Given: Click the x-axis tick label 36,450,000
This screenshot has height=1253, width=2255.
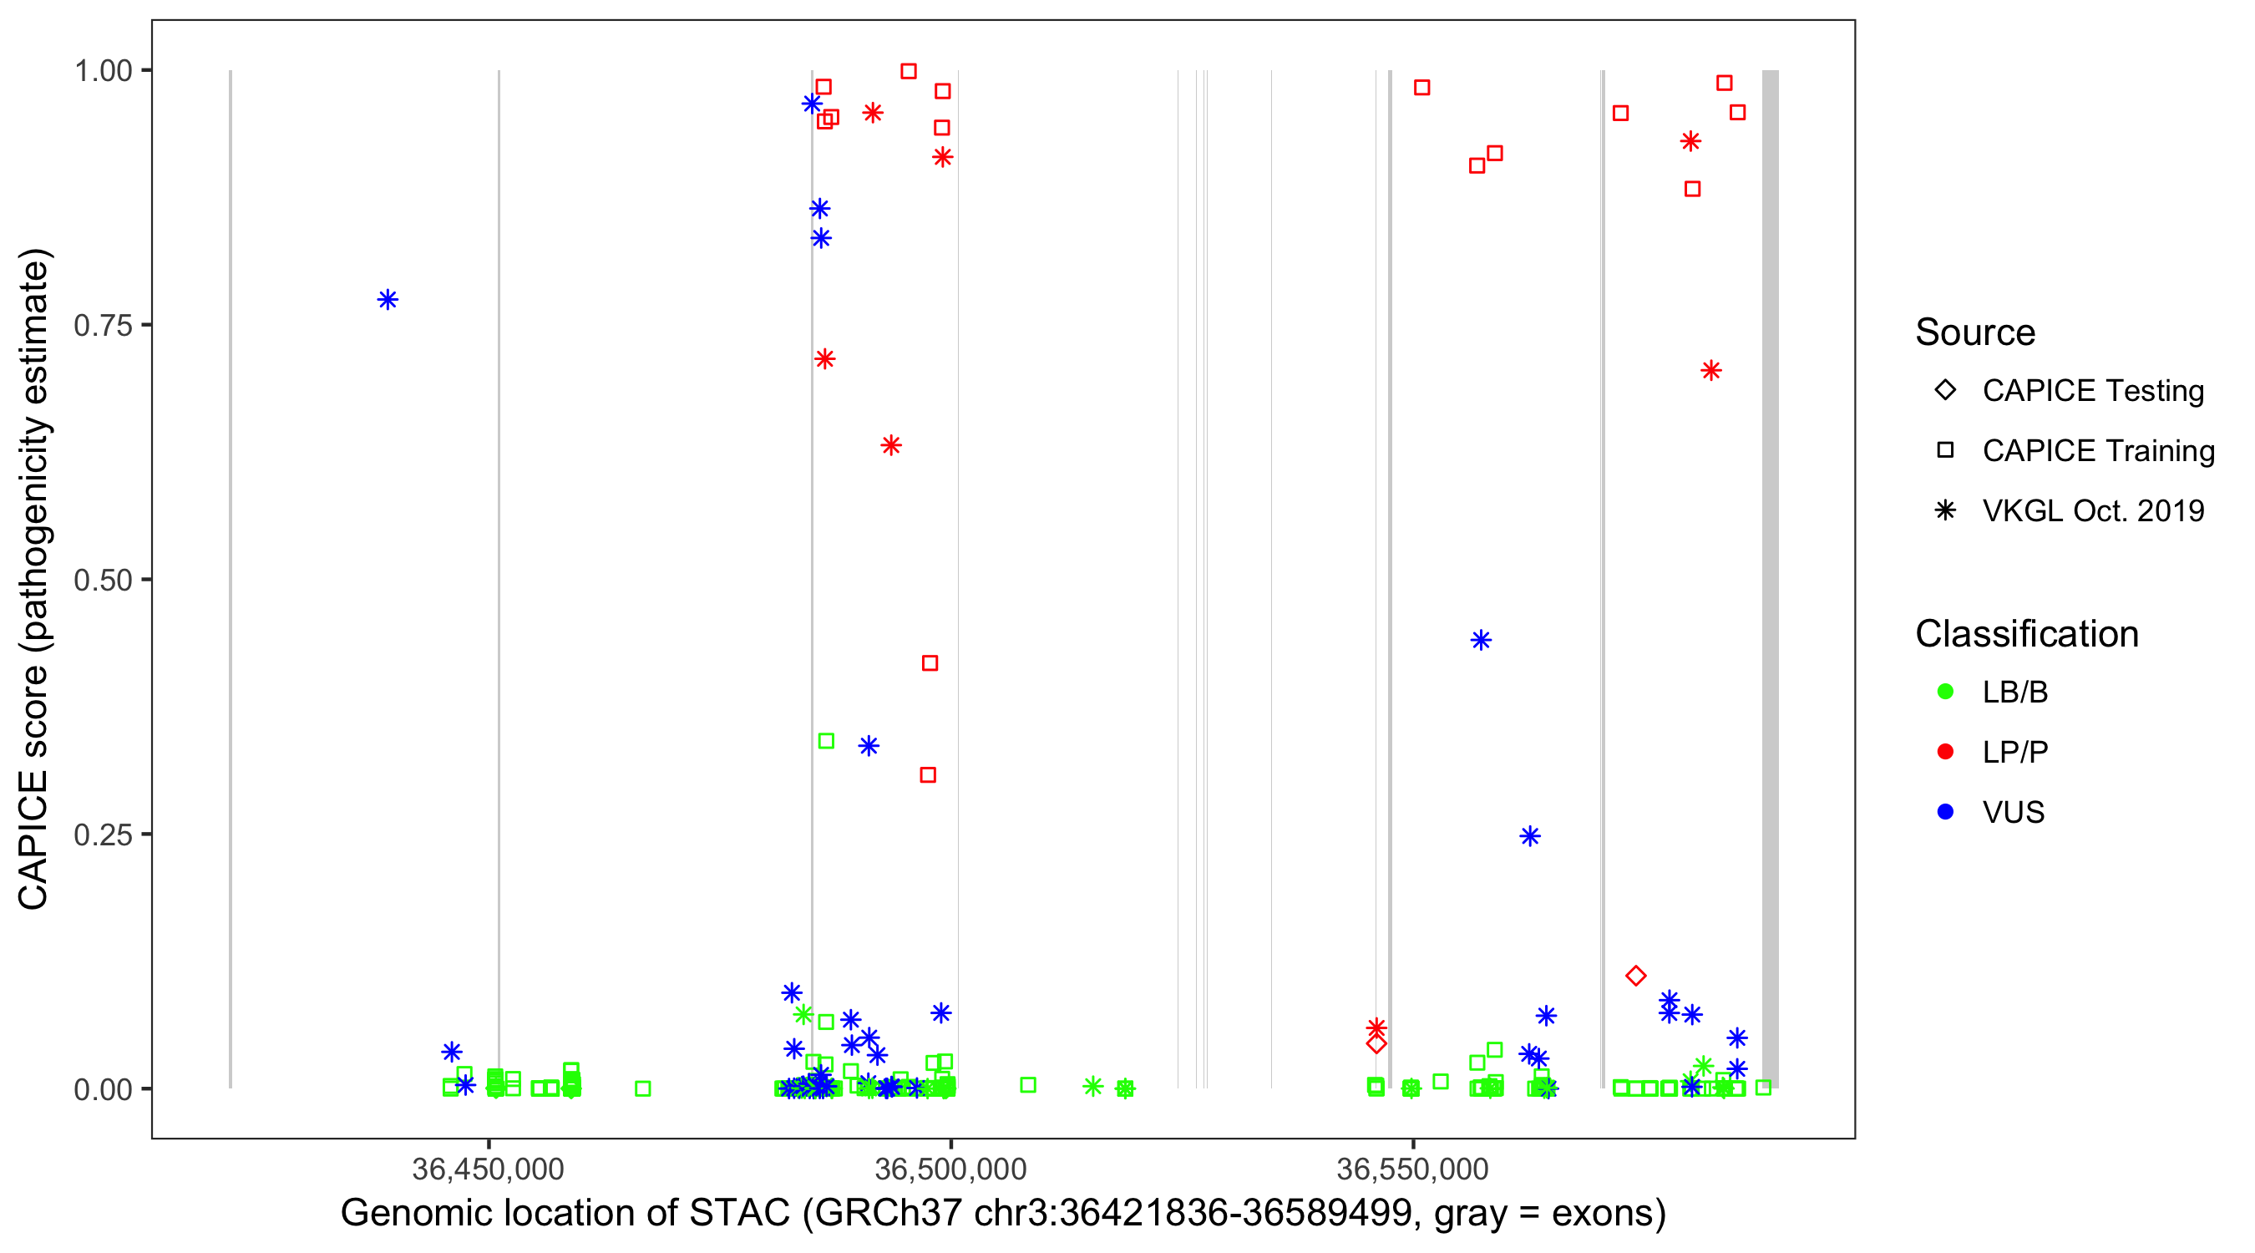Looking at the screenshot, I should pos(488,1169).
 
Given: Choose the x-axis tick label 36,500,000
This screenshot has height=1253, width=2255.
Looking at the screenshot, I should pos(950,1169).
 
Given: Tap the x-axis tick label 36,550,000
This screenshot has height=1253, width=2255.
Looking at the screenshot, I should pos(1413,1169).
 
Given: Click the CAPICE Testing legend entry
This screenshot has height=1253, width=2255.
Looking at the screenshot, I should pos(2092,391).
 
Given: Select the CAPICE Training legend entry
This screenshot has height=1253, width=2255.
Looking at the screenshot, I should pos(2097,451).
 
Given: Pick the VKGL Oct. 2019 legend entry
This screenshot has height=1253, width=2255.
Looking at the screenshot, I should pos(2092,510).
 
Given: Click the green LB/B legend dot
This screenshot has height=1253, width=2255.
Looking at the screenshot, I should pos(1945,692).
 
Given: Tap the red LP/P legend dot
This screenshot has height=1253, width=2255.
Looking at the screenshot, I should pos(1945,752).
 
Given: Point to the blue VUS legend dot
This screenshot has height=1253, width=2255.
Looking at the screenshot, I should pos(1945,812).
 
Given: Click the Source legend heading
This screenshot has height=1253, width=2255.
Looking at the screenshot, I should pos(1975,332).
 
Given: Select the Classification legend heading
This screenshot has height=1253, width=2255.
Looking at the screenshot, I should pos(2026,634).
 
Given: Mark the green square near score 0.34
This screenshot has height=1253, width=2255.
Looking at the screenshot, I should pos(825,741).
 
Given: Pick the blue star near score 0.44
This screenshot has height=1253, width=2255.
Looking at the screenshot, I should pos(1480,640).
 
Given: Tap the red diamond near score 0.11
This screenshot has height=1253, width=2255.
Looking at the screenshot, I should pos(1635,976).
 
